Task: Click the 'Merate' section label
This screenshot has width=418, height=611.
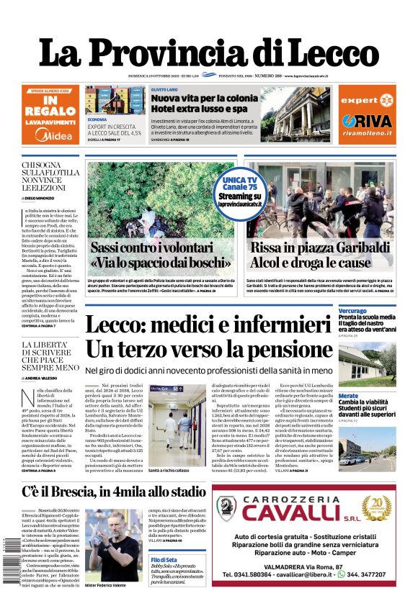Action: pyautogui.click(x=349, y=396)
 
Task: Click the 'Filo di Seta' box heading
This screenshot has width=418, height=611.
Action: pyautogui.click(x=165, y=559)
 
